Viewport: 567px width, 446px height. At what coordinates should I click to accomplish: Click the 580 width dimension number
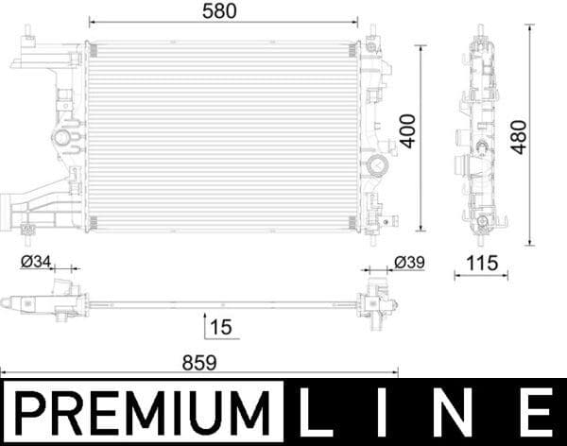[x=220, y=10]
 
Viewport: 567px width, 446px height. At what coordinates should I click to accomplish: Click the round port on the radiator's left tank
[x=62, y=138]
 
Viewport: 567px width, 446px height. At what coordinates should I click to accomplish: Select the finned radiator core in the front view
[x=223, y=132]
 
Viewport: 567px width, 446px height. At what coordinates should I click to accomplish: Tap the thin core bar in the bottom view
[x=223, y=304]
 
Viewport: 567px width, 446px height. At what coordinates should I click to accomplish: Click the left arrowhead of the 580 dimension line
[x=92, y=20]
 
